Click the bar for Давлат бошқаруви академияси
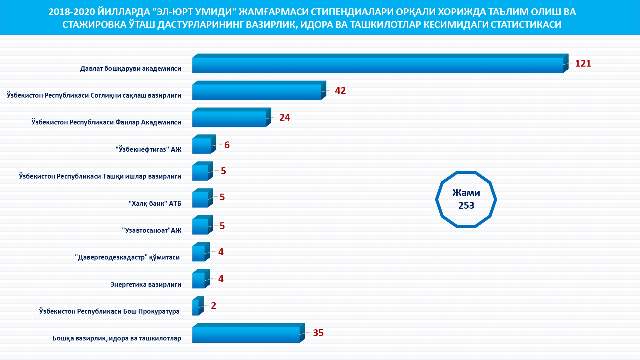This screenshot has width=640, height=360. (378, 65)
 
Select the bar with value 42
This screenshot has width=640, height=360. (257, 92)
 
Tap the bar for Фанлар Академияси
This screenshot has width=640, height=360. (229, 119)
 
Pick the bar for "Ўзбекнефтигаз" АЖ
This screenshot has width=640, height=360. (202, 146)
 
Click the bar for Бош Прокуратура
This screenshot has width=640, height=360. (196, 308)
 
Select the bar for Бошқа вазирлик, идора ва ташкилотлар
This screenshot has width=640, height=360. (246, 334)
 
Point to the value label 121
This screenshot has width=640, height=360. (583, 63)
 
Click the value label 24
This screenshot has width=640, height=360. (284, 117)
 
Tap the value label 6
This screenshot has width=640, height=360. (227, 145)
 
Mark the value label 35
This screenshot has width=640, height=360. (318, 333)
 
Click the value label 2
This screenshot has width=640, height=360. (213, 306)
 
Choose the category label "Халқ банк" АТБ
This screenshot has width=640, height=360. (155, 204)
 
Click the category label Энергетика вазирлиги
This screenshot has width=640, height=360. (146, 284)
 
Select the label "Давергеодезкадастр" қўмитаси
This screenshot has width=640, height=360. (127, 257)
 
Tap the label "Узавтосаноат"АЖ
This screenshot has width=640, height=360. (151, 230)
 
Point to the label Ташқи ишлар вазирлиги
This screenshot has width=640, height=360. (100, 176)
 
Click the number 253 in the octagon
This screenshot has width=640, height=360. (466, 205)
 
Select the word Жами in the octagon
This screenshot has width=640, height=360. (466, 193)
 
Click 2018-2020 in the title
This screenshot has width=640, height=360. (72, 12)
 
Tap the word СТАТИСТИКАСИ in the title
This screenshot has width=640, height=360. (526, 25)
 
